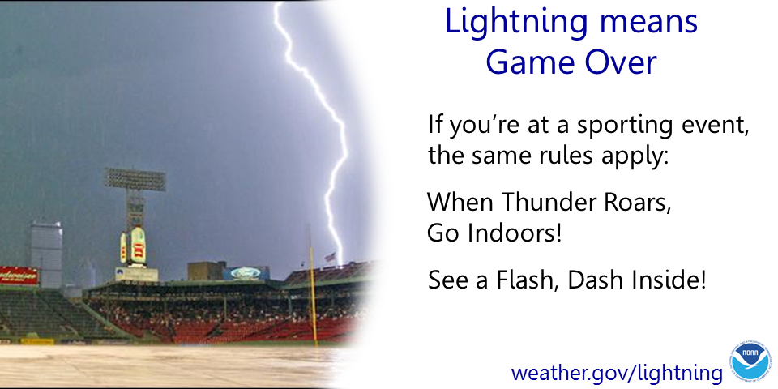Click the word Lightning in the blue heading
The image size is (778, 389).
(517, 23)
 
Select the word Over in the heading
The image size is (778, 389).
(620, 62)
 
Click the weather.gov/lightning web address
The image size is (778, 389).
(616, 372)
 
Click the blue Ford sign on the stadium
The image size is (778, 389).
(246, 273)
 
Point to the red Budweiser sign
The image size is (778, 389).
(19, 276)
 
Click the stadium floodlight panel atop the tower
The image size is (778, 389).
(135, 178)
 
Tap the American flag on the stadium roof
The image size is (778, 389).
(330, 257)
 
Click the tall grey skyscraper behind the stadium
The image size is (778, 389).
(46, 253)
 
